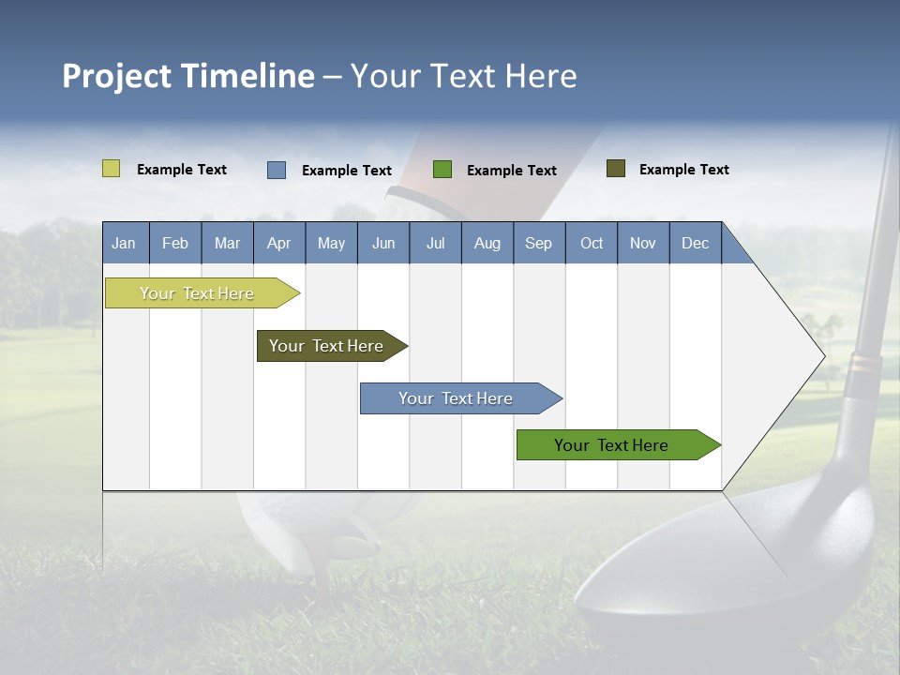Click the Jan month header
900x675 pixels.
pos(124,243)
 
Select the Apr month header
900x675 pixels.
pos(278,243)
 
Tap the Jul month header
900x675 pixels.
pos(435,243)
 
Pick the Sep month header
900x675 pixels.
pos(538,243)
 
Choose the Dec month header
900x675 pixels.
pos(695,243)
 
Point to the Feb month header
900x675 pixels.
pos(175,243)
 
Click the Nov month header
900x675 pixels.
pos(642,243)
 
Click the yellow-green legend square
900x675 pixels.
pos(111,169)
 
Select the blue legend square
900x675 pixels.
pos(277,170)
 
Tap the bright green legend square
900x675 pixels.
pos(442,170)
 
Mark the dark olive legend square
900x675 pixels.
pos(616,169)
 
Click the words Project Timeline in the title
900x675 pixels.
pos(188,76)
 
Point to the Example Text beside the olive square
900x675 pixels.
pos(683,170)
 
